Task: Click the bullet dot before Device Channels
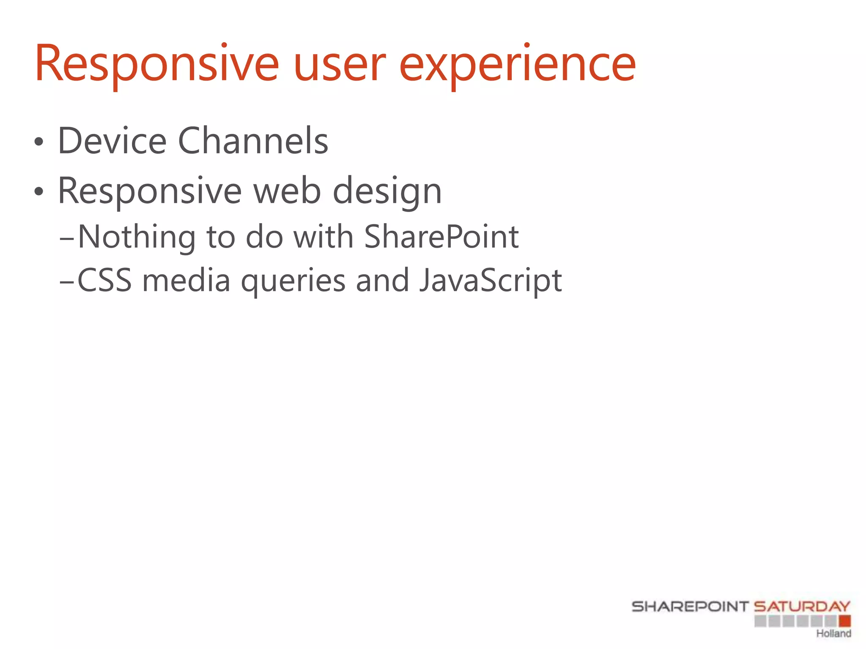click(39, 142)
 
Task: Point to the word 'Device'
click(112, 141)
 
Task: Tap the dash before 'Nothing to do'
click(67, 239)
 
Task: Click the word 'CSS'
click(104, 281)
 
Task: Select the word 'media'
click(186, 281)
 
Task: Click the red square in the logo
click(844, 621)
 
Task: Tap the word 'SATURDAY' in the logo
click(802, 607)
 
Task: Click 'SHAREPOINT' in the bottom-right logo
click(690, 607)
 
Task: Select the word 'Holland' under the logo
click(833, 633)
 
